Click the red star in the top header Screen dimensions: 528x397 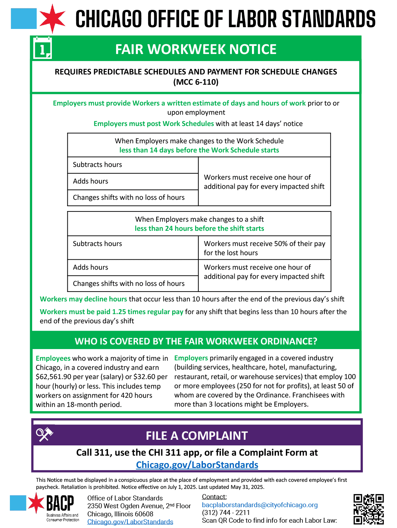tap(52, 18)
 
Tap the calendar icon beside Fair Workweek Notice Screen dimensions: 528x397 tap(42, 48)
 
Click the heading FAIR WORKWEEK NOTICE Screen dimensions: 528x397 tap(196, 49)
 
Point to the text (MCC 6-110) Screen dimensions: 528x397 tap(196, 82)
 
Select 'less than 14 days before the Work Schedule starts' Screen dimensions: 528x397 tap(199, 150)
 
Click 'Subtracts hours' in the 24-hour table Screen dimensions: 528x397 tap(97, 244)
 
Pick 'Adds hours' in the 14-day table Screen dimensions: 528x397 tap(91, 181)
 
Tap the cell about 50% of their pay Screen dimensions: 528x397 tap(264, 248)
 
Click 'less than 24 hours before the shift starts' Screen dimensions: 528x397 tap(199, 228)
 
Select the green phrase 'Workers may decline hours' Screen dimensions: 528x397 tap(83, 299)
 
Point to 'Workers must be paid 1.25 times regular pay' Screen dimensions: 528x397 tap(112, 312)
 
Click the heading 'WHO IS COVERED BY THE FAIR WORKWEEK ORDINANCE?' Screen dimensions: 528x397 tap(196, 341)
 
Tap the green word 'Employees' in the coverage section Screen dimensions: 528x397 tap(53, 358)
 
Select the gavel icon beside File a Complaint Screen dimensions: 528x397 tap(44, 434)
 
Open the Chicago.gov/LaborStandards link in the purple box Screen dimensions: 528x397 tap(197, 465)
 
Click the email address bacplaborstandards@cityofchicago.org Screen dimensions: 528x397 tap(260, 505)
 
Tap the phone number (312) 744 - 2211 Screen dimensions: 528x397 tap(226, 512)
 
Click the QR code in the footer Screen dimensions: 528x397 tap(368, 509)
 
